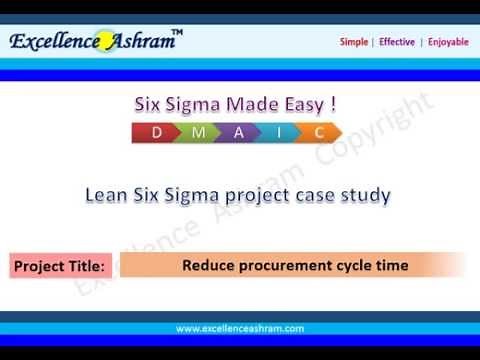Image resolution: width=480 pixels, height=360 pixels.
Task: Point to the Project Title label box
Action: point(60,267)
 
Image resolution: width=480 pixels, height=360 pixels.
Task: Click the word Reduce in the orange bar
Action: point(204,266)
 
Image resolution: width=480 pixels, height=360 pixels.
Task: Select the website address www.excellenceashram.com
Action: point(239,328)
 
